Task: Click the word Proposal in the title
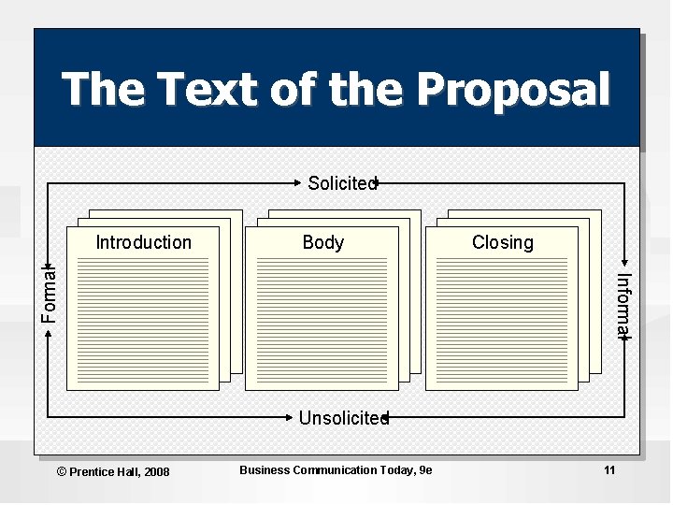click(x=514, y=91)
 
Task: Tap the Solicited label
click(x=341, y=183)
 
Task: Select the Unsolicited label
click(x=342, y=418)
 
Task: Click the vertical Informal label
click(x=624, y=305)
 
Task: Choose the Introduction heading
click(x=143, y=242)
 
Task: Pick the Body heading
click(x=323, y=242)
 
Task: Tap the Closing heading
click(x=502, y=242)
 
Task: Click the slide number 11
click(x=609, y=470)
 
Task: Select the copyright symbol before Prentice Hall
click(x=63, y=471)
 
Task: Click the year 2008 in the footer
click(x=156, y=471)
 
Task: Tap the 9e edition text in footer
click(x=426, y=470)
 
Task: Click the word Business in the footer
click(x=265, y=470)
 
